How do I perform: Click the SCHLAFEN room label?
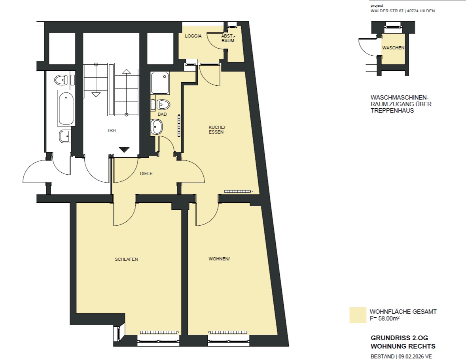point(126,259)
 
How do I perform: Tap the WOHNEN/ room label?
point(219,259)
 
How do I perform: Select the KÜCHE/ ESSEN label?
point(217,130)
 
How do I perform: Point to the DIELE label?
point(146,173)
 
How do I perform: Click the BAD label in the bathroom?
point(162,114)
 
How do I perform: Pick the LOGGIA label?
point(193,36)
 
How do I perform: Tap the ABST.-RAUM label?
point(228,38)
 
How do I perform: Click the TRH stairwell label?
point(112,130)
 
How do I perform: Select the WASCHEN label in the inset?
point(393,48)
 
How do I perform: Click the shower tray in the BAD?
point(160,83)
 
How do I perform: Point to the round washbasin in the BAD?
point(156,127)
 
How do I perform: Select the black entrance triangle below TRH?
point(124,150)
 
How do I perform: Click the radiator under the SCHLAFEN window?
point(159,332)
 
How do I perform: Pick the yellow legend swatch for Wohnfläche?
point(358,315)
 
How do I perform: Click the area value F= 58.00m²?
point(385,319)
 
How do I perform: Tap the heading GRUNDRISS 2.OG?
point(400,338)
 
